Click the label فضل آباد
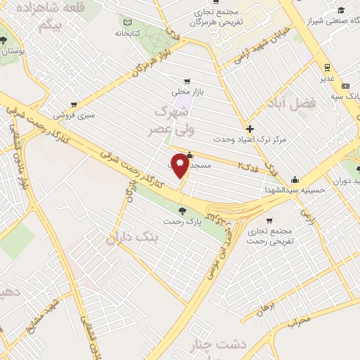click(x=292, y=103)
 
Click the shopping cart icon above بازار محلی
click(x=186, y=82)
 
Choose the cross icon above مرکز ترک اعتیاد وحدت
click(x=250, y=129)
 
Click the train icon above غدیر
click(x=327, y=67)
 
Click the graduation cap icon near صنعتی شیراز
click(x=342, y=10)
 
